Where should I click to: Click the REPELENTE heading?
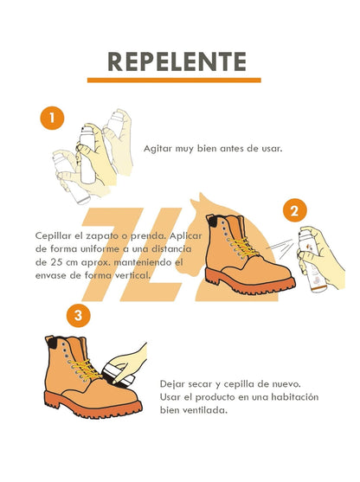177,61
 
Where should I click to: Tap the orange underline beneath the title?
177,80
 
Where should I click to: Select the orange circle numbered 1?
54,118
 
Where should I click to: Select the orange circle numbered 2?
295,209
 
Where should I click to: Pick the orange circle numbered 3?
79,315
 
